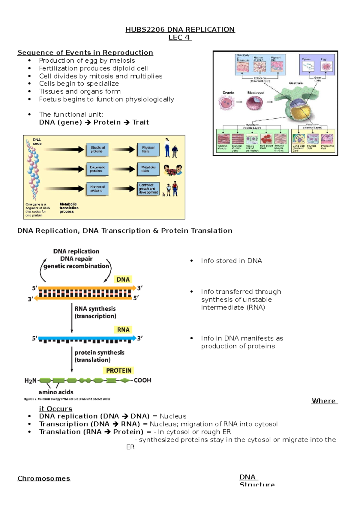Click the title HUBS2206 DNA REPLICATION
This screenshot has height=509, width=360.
180,29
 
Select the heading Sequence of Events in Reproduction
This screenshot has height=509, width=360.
85,53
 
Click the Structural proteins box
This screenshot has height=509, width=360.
97,149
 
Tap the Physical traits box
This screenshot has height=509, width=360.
148,149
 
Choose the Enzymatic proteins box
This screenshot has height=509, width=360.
97,169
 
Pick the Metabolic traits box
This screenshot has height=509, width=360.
148,169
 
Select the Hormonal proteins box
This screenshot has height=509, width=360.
97,189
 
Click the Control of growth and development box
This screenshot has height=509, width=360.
148,189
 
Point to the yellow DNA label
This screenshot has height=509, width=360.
123,280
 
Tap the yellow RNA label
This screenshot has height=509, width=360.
123,330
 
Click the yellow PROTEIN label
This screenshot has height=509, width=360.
119,371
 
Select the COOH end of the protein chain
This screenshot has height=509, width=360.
142,380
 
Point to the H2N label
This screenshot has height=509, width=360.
30,381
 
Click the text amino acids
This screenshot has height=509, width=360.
56,392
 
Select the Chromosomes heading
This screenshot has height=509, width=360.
44,478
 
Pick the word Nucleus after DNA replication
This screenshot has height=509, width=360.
173,416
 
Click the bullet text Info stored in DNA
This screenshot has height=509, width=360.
231,261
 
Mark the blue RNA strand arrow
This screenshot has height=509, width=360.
87,338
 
